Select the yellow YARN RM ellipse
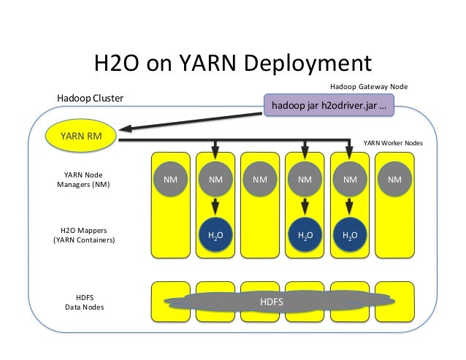80,135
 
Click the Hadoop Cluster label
91,97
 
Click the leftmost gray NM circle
169,178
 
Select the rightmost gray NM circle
394,178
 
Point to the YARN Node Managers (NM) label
83,179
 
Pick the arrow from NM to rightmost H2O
350,207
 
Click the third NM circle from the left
259,178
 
